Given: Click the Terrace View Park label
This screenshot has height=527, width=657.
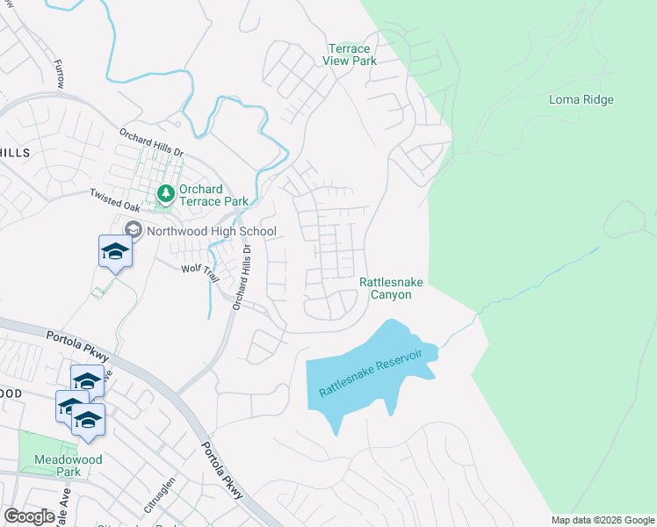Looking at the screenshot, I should (x=351, y=54).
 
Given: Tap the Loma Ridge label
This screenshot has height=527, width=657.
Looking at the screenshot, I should (x=581, y=100).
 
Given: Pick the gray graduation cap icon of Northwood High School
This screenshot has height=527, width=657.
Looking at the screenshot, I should (x=134, y=230).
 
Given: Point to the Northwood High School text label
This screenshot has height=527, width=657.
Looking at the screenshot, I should (x=211, y=232).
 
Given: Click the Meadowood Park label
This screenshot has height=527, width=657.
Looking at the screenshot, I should (x=69, y=466).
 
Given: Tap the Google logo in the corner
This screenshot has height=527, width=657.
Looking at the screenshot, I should (x=29, y=516).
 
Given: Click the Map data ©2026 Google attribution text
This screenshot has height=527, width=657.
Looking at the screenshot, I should (x=603, y=520).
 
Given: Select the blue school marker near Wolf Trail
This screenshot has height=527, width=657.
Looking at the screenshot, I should (x=115, y=251).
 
